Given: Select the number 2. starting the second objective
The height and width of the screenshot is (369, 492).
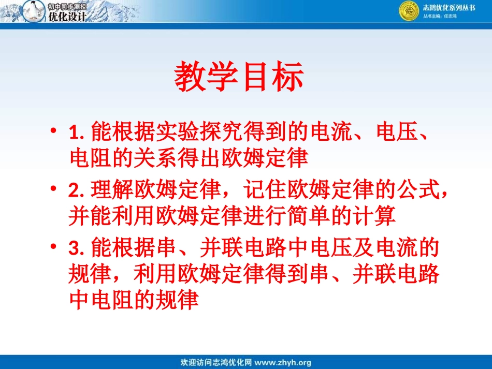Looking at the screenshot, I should click(x=76, y=191).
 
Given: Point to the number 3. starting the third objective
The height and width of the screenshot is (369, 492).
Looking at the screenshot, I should click(x=76, y=249).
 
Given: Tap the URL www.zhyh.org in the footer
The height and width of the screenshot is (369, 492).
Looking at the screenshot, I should click(x=283, y=362).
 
